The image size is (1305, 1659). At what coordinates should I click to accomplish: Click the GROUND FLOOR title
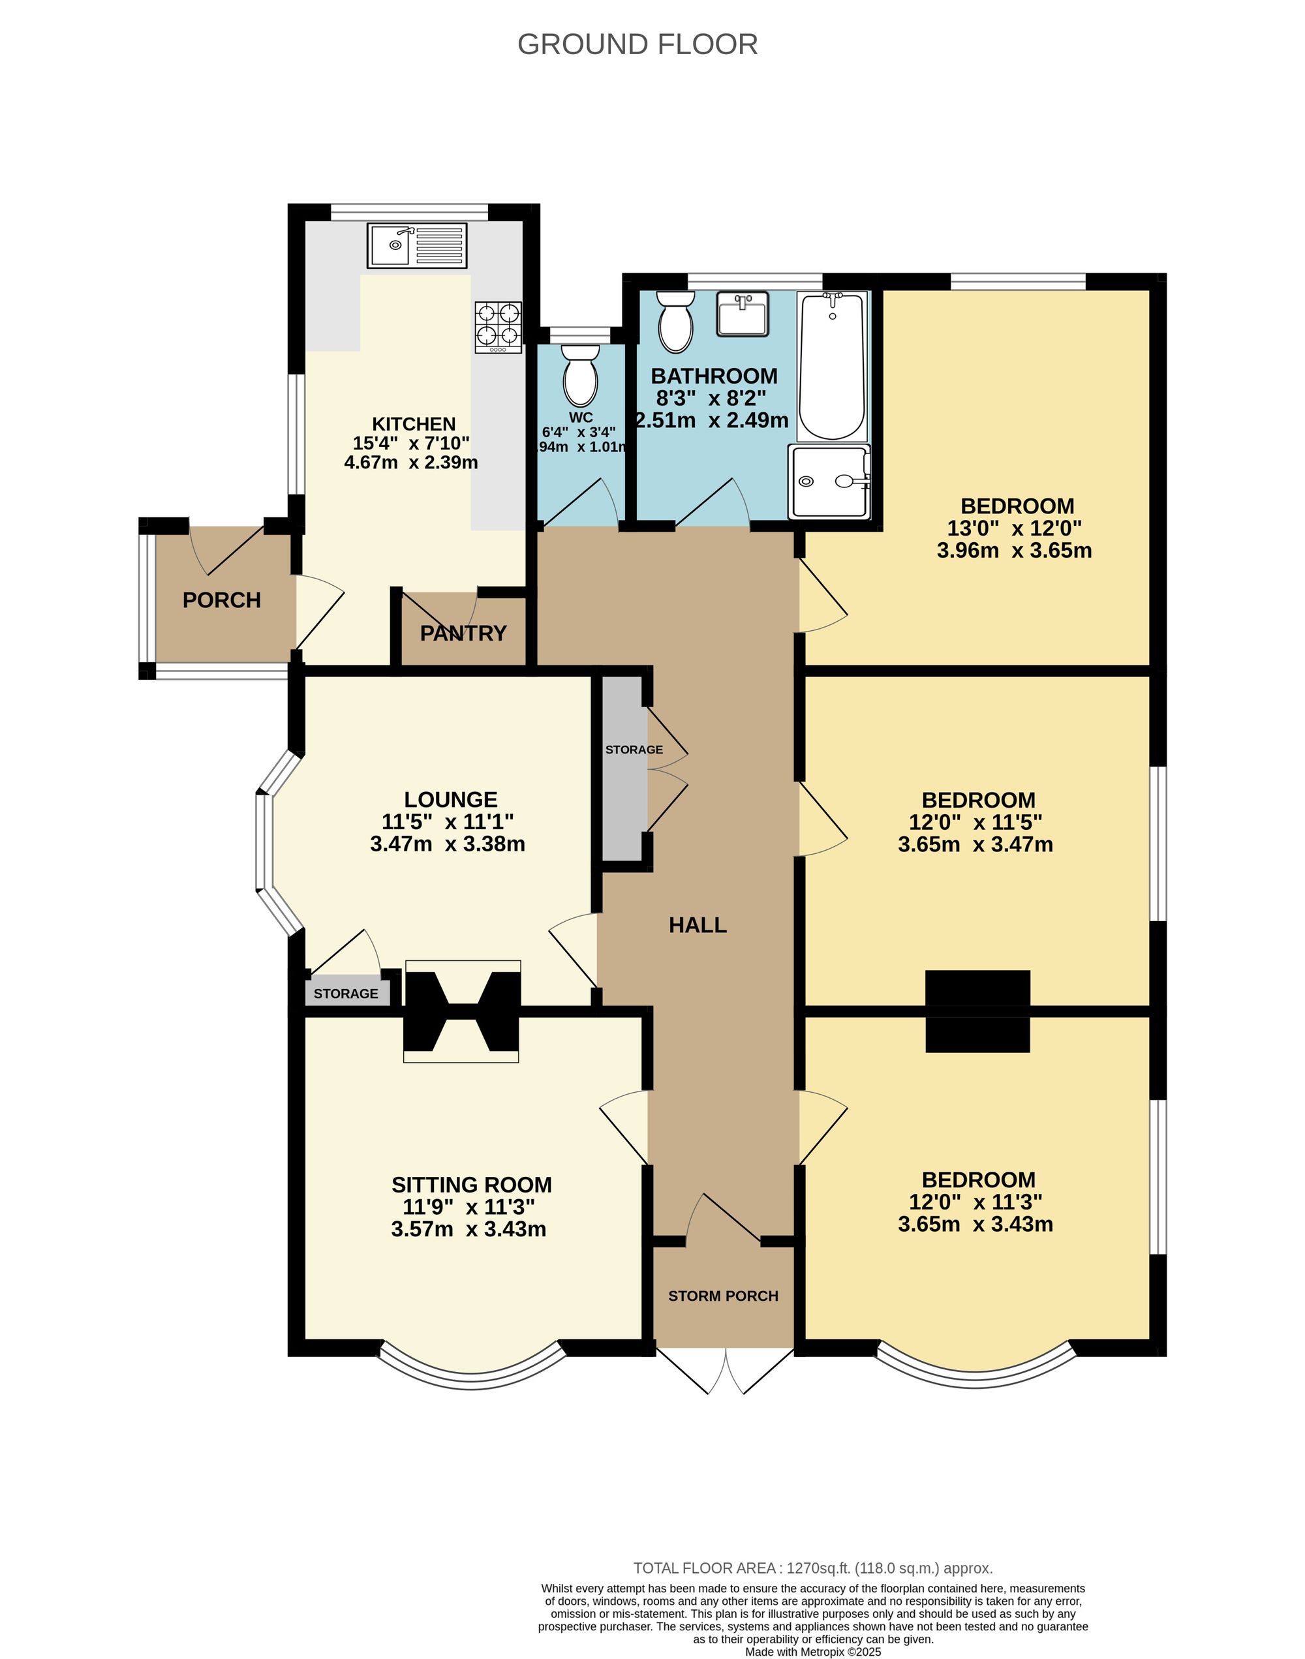click(637, 44)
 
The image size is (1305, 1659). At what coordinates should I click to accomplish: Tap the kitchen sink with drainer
click(416, 245)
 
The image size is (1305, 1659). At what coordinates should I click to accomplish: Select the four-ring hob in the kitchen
click(498, 327)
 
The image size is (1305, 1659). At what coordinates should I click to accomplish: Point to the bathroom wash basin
click(742, 314)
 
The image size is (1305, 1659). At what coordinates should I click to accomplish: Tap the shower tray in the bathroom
click(831, 482)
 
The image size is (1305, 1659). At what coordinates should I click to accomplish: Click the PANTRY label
click(463, 633)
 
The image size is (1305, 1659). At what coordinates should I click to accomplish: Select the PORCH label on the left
click(222, 600)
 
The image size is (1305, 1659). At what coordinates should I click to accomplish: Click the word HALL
click(698, 925)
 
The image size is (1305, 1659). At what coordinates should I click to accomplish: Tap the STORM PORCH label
click(723, 1296)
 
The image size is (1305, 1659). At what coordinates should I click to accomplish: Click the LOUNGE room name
click(450, 800)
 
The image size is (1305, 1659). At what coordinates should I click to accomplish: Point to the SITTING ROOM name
click(471, 1185)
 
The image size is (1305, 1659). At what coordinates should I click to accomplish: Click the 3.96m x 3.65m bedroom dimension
click(1014, 550)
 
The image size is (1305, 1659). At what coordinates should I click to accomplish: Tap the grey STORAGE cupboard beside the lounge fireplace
click(346, 993)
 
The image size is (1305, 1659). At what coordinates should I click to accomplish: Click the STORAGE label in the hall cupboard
click(634, 750)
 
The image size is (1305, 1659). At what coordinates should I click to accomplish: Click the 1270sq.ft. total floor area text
click(813, 1568)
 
